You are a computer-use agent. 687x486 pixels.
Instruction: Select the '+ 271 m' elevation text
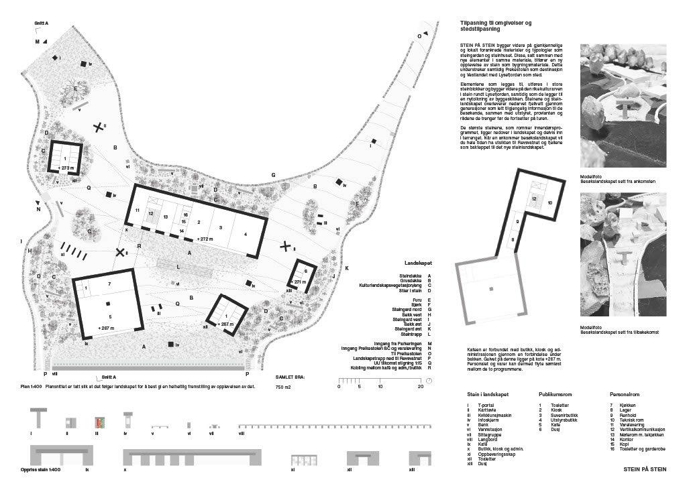tap(299, 282)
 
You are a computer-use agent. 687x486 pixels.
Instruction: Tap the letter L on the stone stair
tap(177, 267)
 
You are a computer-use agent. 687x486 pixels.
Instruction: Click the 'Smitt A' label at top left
tap(42, 23)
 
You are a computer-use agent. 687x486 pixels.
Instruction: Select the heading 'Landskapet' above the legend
tap(417, 264)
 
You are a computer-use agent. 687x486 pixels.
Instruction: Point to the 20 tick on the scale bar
tap(421, 387)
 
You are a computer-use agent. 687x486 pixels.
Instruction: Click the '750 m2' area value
tap(284, 387)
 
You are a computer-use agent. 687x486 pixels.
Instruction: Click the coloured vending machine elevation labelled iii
tap(99, 424)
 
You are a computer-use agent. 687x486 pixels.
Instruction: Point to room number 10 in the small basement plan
tap(549, 202)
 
